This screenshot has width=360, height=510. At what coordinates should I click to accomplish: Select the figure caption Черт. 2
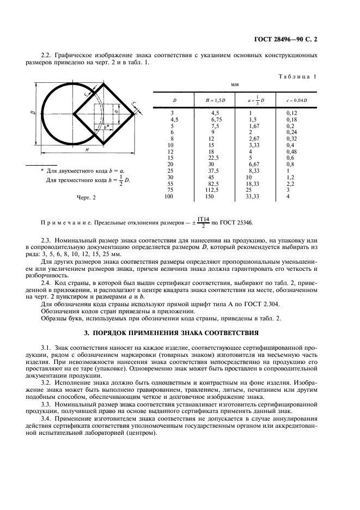[85, 197]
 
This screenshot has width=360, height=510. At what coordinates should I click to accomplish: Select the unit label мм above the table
[235, 85]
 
